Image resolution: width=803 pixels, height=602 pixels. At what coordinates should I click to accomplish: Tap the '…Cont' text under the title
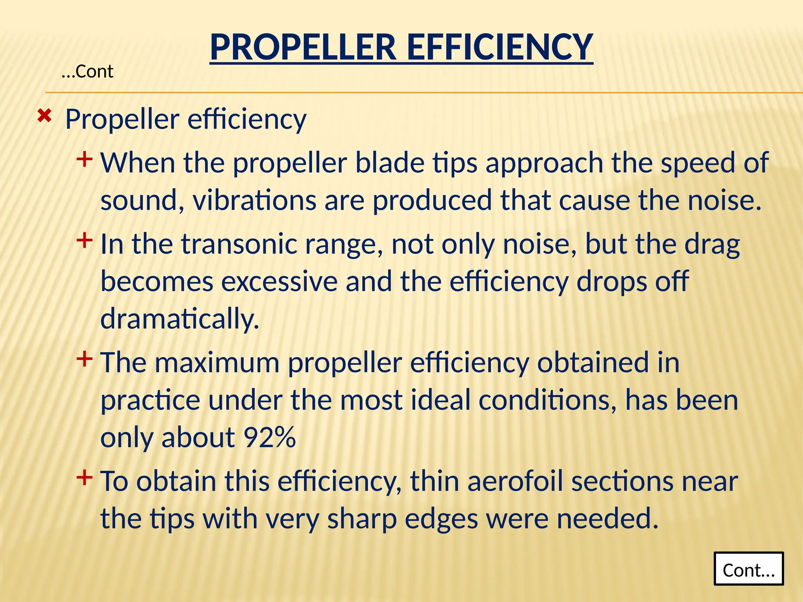coord(87,72)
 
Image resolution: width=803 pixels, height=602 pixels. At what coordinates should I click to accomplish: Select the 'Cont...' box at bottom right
coord(748,569)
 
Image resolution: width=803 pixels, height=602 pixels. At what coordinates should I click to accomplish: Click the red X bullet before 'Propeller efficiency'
coord(44,116)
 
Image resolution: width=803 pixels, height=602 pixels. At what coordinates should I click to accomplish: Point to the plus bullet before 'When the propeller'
coord(84,160)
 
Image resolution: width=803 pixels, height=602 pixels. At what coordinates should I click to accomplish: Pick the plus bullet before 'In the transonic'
coord(84,240)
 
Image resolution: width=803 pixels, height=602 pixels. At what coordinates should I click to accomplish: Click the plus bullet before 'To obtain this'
coord(84,477)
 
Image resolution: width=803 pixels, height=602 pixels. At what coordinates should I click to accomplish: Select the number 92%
coord(269,437)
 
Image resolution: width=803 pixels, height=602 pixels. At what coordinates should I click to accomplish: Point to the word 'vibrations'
coord(254,200)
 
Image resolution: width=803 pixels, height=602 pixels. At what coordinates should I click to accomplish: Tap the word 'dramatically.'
coord(180,319)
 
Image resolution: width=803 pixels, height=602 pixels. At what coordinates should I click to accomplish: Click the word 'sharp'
coord(362,519)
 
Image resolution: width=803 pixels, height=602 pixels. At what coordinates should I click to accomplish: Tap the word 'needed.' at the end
coord(607,519)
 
